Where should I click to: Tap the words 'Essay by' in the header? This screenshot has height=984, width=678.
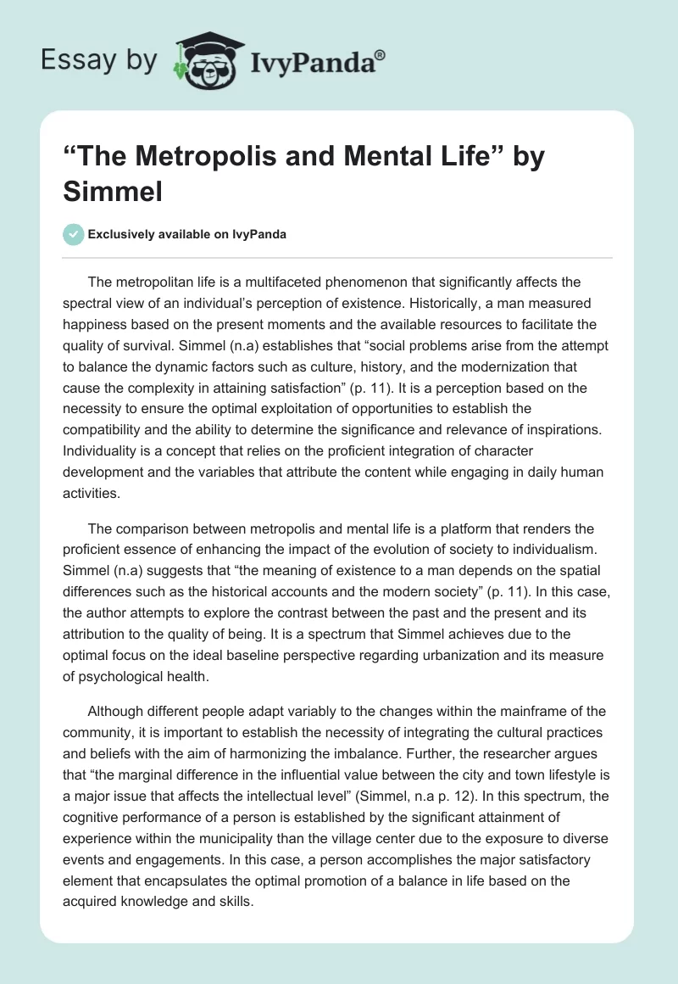coord(99,61)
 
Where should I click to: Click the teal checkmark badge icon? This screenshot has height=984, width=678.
coord(74,235)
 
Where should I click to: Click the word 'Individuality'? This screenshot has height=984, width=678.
coord(103,429)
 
